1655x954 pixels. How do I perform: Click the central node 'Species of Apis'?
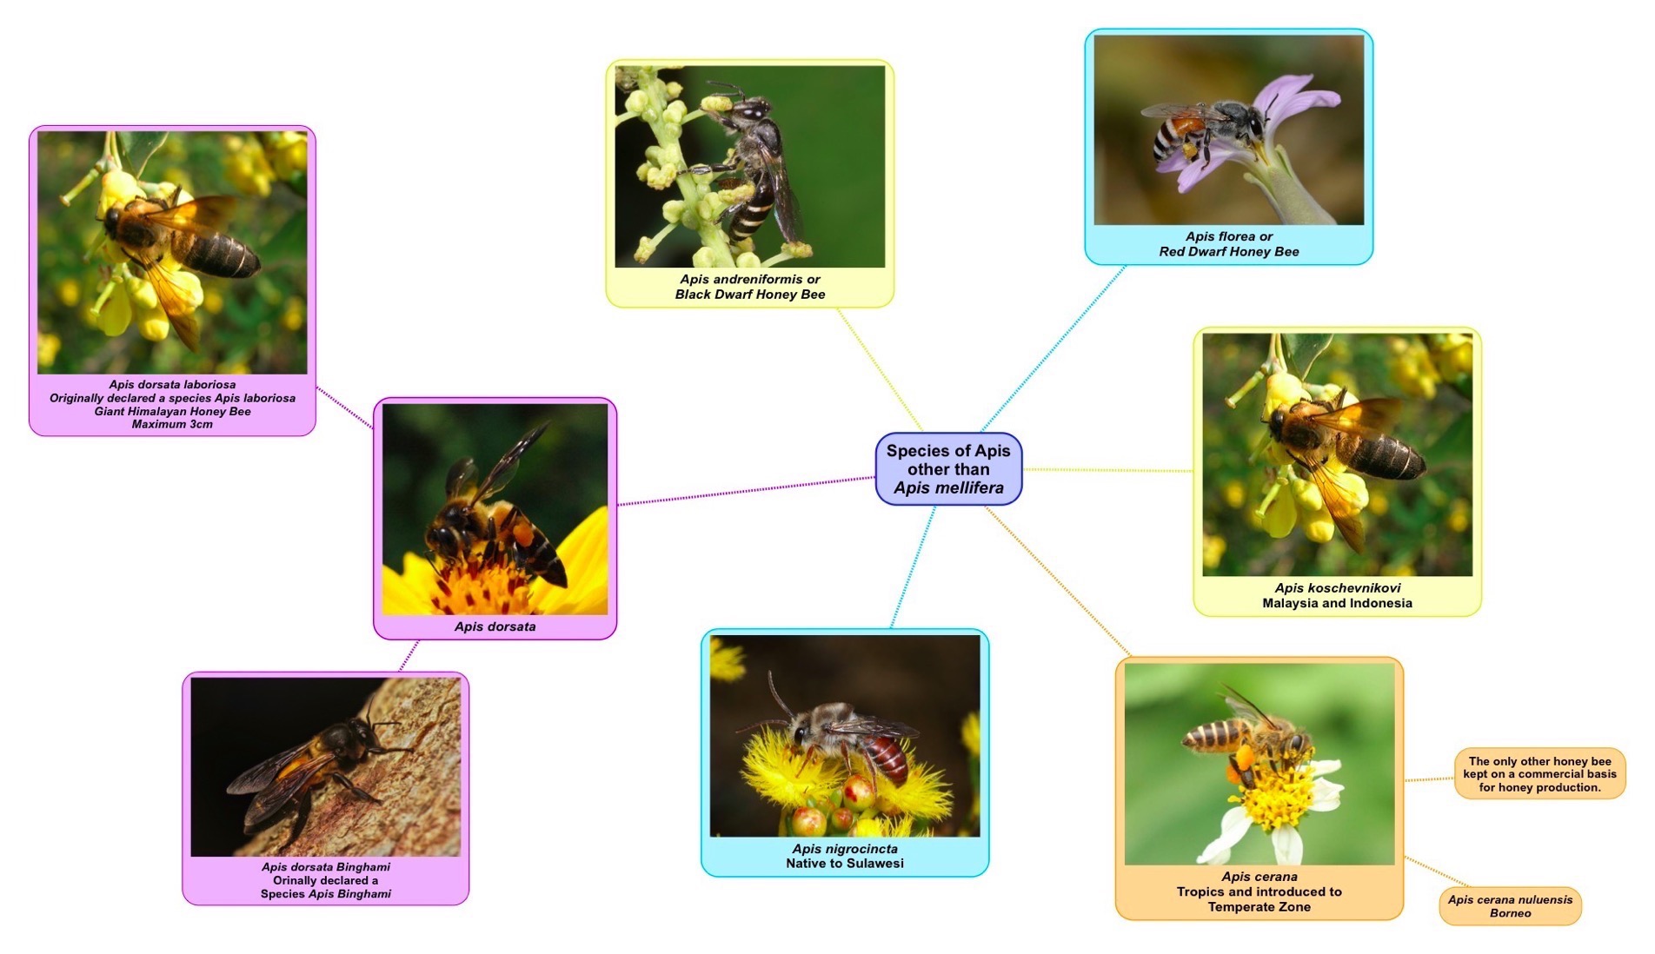948,469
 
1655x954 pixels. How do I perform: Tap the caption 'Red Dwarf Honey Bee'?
1228,252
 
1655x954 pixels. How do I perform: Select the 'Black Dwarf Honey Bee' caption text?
750,295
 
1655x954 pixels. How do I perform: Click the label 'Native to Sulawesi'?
845,864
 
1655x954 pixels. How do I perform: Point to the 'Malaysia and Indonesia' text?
1337,603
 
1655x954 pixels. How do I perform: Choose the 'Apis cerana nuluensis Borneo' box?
1510,906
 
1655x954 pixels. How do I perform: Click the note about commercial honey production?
1539,774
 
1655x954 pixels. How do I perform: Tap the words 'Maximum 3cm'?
172,424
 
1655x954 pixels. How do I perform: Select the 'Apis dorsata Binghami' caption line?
326,867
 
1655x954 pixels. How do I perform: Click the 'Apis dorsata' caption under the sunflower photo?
495,626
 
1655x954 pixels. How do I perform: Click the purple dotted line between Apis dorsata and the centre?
746,491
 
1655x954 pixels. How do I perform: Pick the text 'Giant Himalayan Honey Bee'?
172,411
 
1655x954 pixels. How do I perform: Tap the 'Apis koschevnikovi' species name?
1337,588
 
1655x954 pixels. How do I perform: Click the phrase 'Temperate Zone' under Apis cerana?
1259,907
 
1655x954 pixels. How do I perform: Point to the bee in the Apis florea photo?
1204,129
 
